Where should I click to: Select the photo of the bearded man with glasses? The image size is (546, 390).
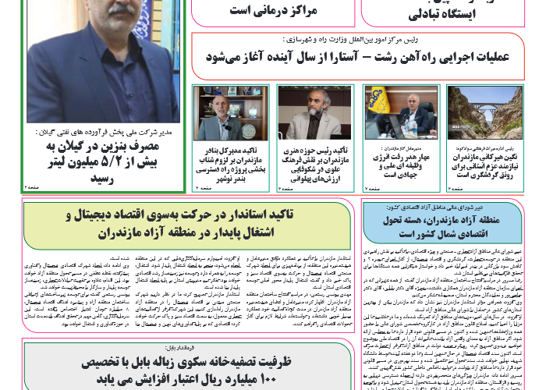(305, 109)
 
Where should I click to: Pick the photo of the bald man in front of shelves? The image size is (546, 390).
(220, 109)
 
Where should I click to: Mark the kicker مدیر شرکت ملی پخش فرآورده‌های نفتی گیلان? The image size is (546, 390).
(101, 133)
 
